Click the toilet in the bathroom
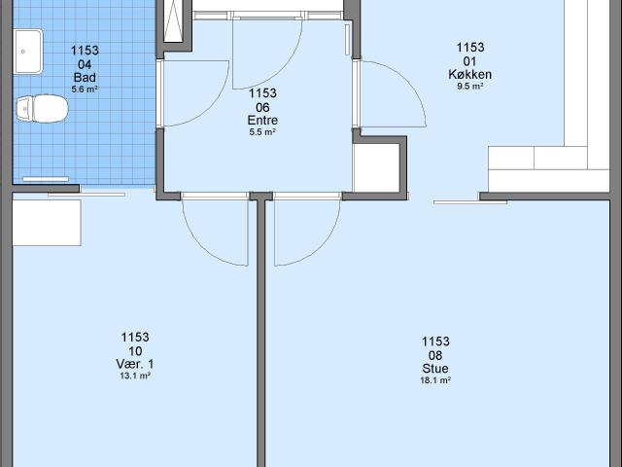pyautogui.click(x=42, y=108)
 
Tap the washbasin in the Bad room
pyautogui.click(x=28, y=52)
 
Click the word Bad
pyautogui.click(x=85, y=77)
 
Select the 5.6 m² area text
pyautogui.click(x=85, y=90)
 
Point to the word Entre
pyautogui.click(x=262, y=120)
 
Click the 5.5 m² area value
pyautogui.click(x=262, y=132)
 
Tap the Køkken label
pyautogui.click(x=470, y=74)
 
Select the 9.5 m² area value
pyautogui.click(x=470, y=87)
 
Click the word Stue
pyautogui.click(x=435, y=368)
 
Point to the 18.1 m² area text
pyautogui.click(x=435, y=380)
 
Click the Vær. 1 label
pyautogui.click(x=135, y=364)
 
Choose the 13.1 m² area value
pyautogui.click(x=135, y=376)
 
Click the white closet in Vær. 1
pyautogui.click(x=47, y=223)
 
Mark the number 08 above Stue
pyautogui.click(x=435, y=355)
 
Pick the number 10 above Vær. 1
pyautogui.click(x=135, y=351)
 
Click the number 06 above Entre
pyautogui.click(x=262, y=107)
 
